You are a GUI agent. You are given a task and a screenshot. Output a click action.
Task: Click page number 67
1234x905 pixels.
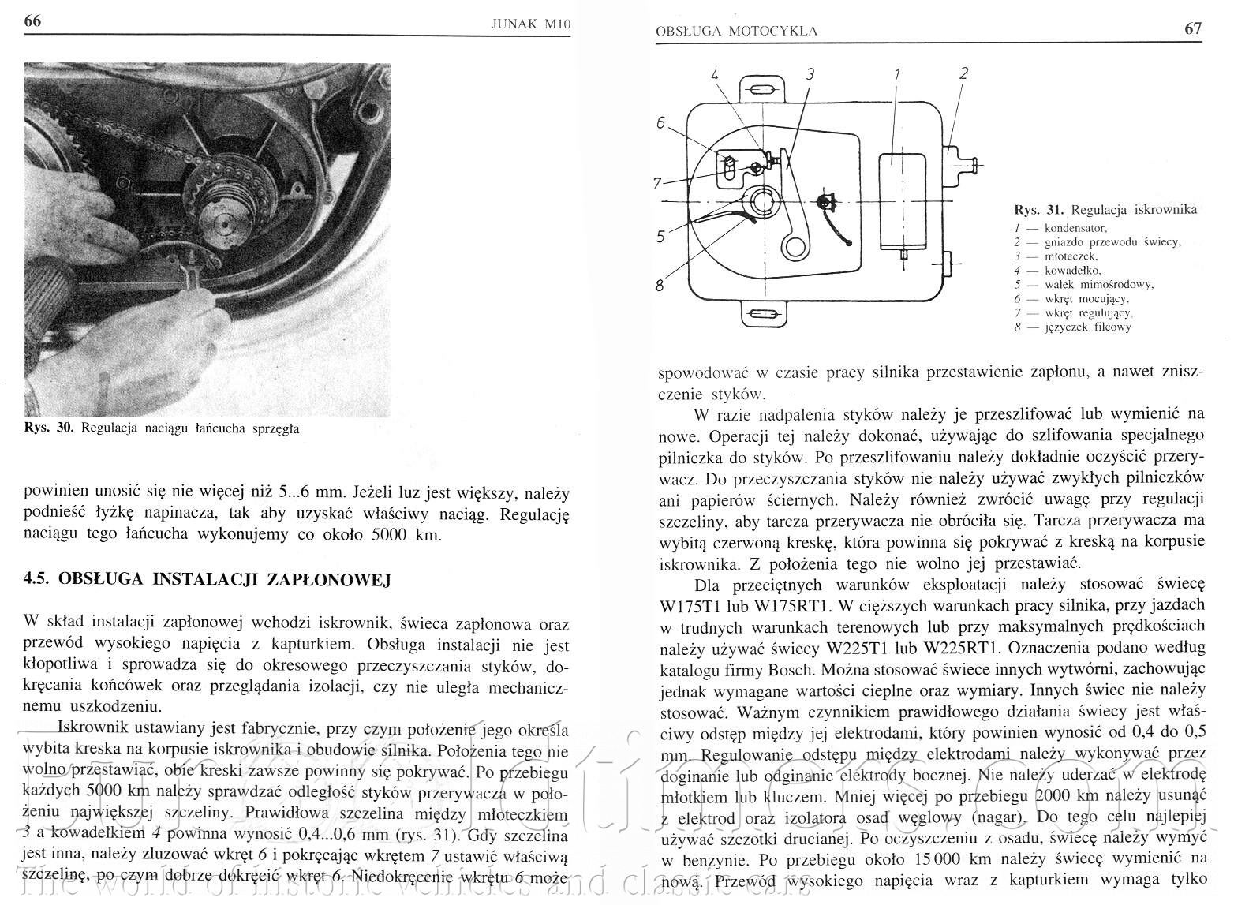[1193, 28]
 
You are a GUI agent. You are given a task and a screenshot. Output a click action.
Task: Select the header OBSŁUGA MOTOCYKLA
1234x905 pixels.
[736, 31]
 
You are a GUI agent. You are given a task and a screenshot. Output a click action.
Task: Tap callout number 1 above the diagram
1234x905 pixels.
[897, 74]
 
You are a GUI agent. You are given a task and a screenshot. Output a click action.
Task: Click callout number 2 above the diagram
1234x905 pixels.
[963, 74]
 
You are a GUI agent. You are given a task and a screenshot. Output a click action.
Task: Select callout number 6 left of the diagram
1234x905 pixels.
[661, 123]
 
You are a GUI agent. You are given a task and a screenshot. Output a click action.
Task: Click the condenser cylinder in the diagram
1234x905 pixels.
[898, 196]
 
